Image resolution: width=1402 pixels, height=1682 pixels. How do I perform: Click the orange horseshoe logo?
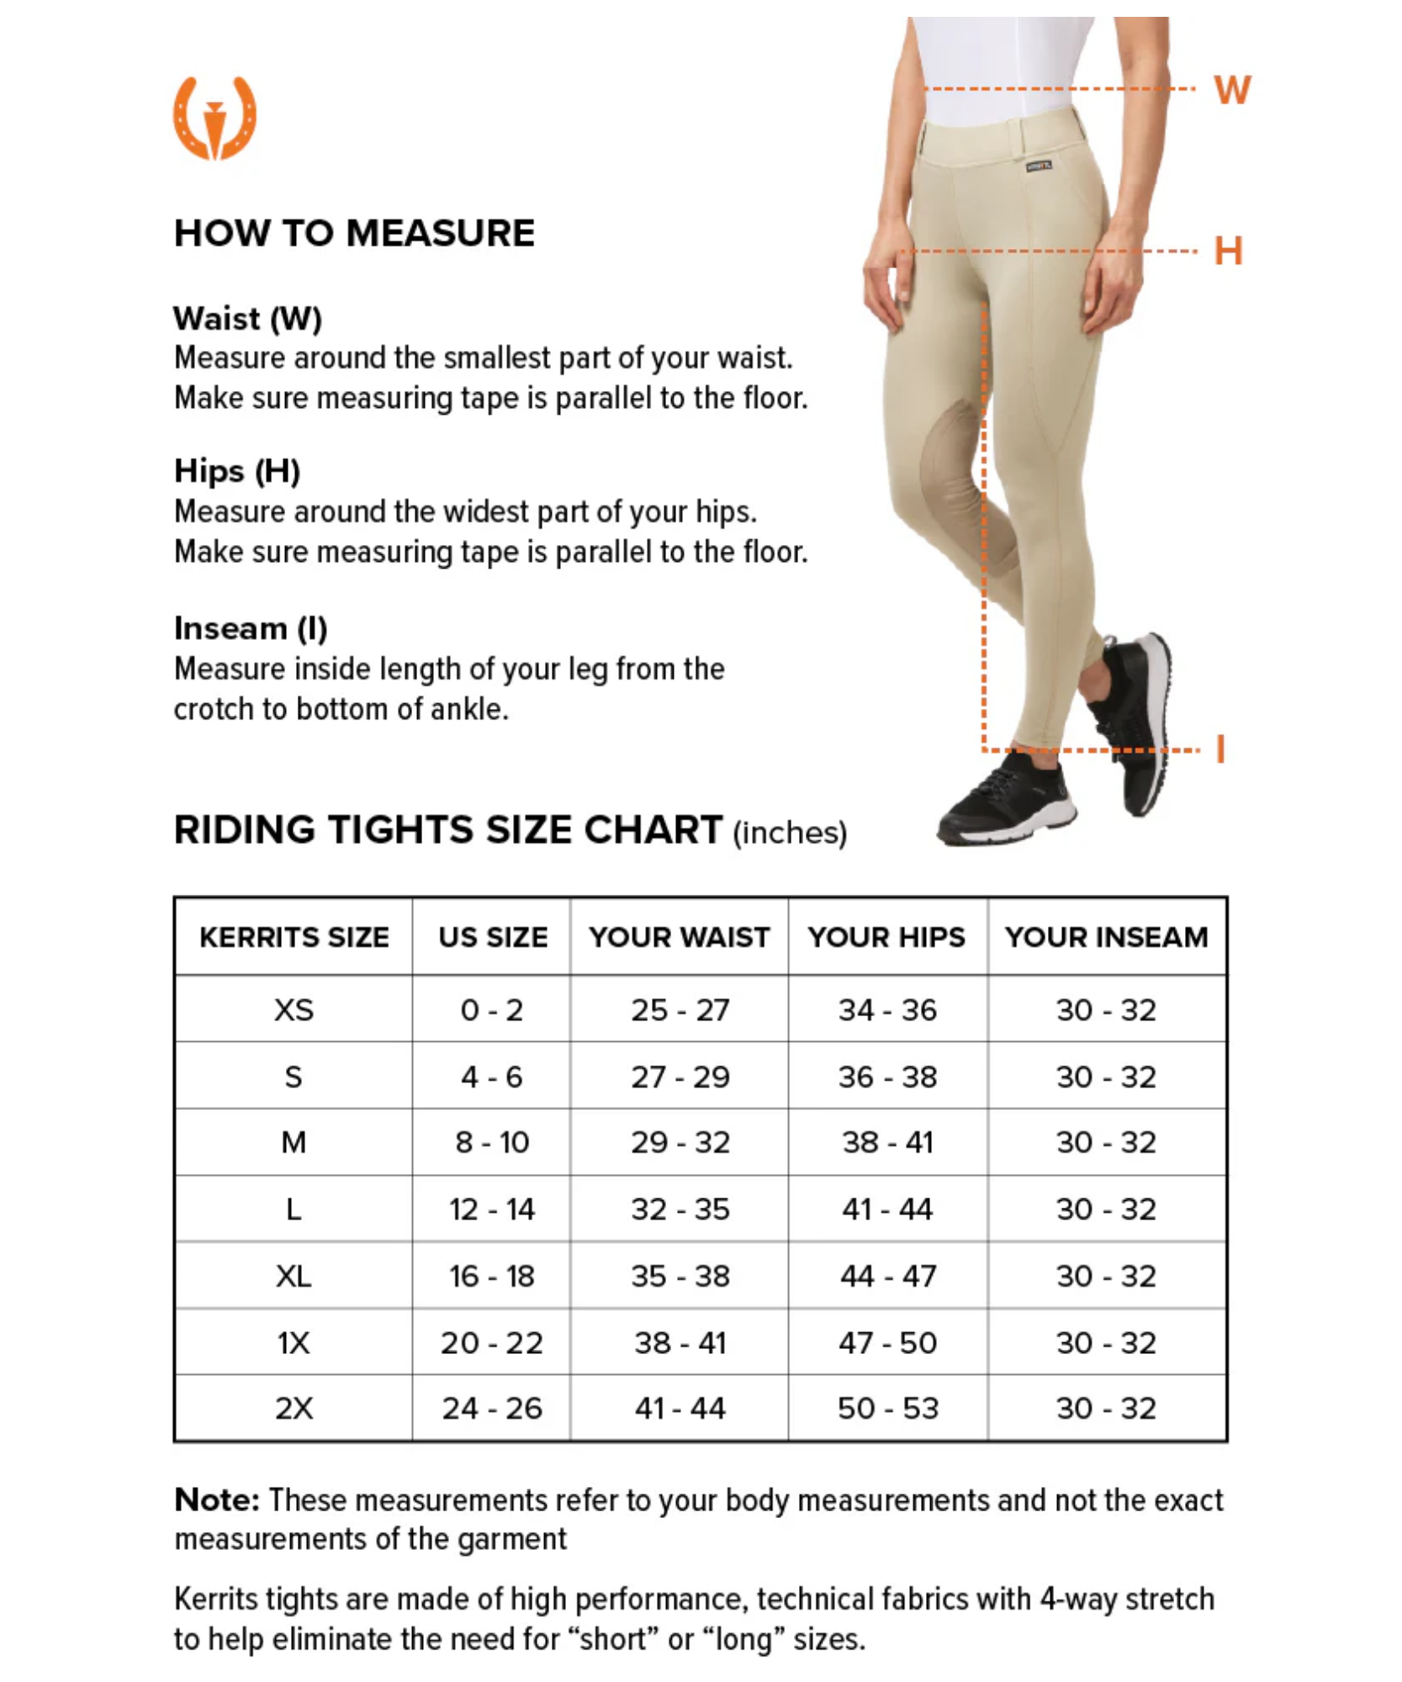(214, 118)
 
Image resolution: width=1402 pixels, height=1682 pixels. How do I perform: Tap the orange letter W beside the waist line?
(1232, 90)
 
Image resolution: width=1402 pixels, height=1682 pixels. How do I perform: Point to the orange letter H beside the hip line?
(1228, 251)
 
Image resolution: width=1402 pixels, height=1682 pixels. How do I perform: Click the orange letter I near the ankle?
(1220, 748)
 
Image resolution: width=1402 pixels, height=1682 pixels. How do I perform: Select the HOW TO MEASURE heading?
(354, 233)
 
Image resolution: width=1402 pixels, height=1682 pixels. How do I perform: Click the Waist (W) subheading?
(247, 319)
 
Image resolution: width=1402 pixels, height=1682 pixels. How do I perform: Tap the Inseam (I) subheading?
(251, 628)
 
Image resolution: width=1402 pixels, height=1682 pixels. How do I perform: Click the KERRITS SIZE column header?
(294, 937)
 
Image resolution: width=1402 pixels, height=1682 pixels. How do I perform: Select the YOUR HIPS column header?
(886, 937)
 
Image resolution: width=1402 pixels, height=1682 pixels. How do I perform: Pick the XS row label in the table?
(294, 1009)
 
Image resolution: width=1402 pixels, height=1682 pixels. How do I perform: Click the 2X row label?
(294, 1409)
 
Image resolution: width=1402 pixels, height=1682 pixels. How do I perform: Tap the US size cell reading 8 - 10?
(492, 1142)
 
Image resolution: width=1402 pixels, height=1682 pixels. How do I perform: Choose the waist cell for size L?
(680, 1209)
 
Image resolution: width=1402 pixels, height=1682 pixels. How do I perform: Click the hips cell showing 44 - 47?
(887, 1276)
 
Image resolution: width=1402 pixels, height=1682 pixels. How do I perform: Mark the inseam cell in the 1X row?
(1106, 1343)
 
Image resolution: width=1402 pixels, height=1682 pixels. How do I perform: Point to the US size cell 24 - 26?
(492, 1409)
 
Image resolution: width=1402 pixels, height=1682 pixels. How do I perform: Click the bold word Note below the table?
(217, 1500)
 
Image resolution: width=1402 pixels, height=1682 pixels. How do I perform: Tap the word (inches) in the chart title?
(790, 833)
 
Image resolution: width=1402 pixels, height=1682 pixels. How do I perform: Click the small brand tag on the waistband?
(1038, 166)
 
